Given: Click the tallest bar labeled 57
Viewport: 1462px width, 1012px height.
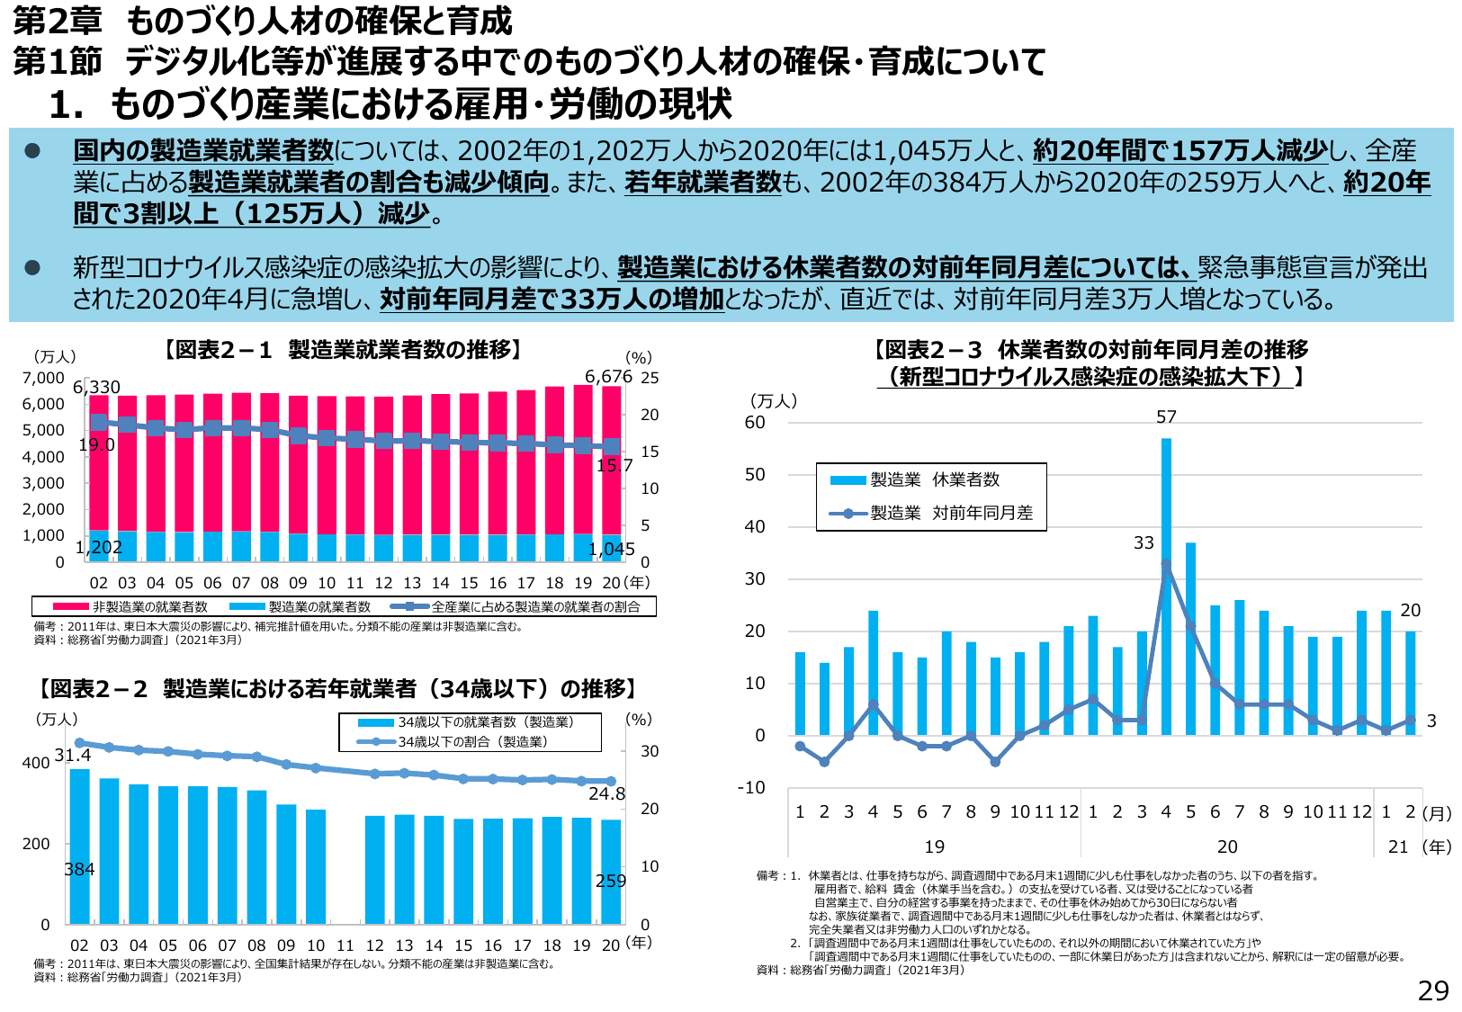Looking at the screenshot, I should pyautogui.click(x=1166, y=585).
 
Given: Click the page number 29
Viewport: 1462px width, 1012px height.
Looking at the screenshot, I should pyautogui.click(x=1432, y=990).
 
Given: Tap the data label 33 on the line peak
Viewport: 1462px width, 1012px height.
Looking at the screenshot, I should pyautogui.click(x=1144, y=543).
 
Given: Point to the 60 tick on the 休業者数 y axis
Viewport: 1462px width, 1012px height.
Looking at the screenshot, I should pyautogui.click(x=755, y=423).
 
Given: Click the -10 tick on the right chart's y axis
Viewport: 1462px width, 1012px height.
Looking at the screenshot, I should pyautogui.click(x=751, y=788).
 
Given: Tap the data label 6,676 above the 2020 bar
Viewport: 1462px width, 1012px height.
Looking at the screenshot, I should pyautogui.click(x=608, y=376).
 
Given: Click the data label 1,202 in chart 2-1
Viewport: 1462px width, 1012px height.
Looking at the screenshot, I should pyautogui.click(x=99, y=547).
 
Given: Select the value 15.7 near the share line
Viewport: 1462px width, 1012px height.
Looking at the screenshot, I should pyautogui.click(x=614, y=465).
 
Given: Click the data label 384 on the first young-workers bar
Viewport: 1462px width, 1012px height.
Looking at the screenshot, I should pyautogui.click(x=79, y=869).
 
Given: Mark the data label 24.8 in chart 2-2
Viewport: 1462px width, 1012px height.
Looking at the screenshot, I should pyautogui.click(x=606, y=793).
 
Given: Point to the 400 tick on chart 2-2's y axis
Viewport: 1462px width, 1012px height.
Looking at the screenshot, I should pyautogui.click(x=36, y=763).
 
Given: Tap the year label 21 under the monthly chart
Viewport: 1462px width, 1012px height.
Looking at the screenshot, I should pyautogui.click(x=1397, y=846).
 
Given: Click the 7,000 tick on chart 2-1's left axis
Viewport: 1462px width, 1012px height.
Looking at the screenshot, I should pyautogui.click(x=43, y=378).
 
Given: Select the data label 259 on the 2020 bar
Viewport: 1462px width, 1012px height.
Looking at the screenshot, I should pyautogui.click(x=610, y=881).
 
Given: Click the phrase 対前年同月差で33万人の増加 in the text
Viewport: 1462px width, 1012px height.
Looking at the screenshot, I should pyautogui.click(x=552, y=299).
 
